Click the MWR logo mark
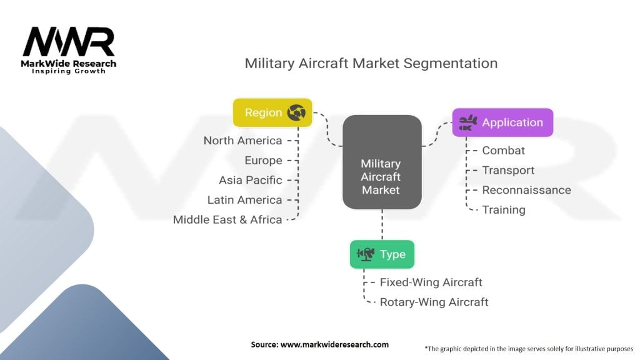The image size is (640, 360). coord(69,42)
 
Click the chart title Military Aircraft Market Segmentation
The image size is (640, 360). coord(371,63)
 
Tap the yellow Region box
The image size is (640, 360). coord(272,112)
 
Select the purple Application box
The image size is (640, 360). coord(503,122)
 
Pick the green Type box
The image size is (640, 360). coord(382,254)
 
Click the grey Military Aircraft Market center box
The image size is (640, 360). coord(382,162)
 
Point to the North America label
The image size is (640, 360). coord(243,141)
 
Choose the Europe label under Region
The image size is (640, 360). coord(263,161)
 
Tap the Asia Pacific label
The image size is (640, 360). coord(250,180)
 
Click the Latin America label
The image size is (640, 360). coord(244,200)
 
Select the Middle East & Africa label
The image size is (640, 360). coord(227,219)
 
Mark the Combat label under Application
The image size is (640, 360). coord(503,151)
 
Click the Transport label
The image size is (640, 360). coord(508,170)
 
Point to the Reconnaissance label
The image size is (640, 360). coord(526,190)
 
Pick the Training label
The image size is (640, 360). coord(504,210)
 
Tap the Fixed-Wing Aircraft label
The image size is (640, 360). coord(431,282)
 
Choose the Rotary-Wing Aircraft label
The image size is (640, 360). coord(434,302)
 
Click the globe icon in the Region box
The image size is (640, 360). coord(296,112)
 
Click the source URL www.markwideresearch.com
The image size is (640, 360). coord(335,344)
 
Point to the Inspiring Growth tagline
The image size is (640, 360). coord(69,71)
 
